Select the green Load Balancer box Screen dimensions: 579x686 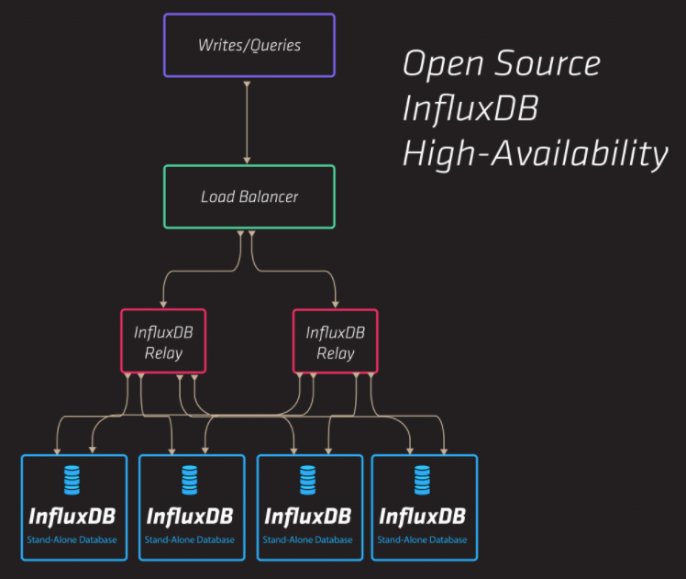pyautogui.click(x=249, y=196)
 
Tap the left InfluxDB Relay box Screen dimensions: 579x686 pyautogui.click(x=164, y=340)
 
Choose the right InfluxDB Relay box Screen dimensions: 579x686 pyautogui.click(x=335, y=340)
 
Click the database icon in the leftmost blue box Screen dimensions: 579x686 pyautogui.click(x=72, y=480)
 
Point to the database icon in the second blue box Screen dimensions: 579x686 pyautogui.click(x=189, y=480)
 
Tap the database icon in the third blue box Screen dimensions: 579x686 pyautogui.click(x=307, y=480)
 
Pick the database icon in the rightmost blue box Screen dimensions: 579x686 pyautogui.click(x=422, y=480)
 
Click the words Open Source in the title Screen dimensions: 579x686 pyautogui.click(x=501, y=64)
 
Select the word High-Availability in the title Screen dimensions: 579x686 pyautogui.click(x=535, y=153)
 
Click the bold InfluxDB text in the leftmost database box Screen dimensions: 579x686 pyautogui.click(x=72, y=516)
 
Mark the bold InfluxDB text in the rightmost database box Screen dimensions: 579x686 pyautogui.click(x=422, y=516)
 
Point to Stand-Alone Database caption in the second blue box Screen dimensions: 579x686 pyautogui.click(x=189, y=540)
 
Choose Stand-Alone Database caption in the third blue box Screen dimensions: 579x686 pyautogui.click(x=307, y=540)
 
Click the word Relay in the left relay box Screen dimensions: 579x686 pyautogui.click(x=164, y=353)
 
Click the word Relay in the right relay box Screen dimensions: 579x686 pyautogui.click(x=335, y=353)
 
